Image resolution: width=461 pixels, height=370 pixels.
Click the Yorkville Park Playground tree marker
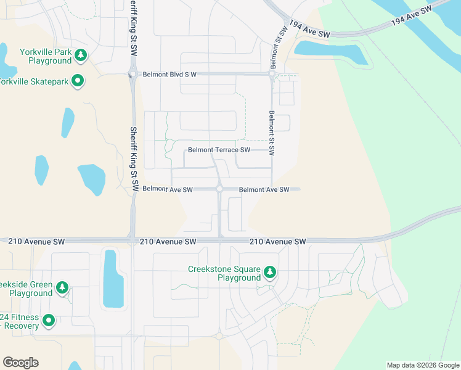pyautogui.click(x=80, y=56)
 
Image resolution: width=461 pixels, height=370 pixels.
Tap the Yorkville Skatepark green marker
pyautogui.click(x=78, y=81)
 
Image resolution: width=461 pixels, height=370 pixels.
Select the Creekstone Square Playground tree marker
pyautogui.click(x=269, y=272)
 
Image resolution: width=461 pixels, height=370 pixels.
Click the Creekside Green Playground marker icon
pyautogui.click(x=62, y=287)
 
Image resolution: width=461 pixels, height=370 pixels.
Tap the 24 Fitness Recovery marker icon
pyautogui.click(x=49, y=321)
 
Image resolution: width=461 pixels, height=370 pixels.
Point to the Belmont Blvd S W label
pyautogui.click(x=169, y=75)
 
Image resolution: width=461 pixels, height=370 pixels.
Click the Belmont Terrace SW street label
pyautogui.click(x=219, y=150)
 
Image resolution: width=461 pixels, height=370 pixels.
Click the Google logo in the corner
pyautogui.click(x=20, y=362)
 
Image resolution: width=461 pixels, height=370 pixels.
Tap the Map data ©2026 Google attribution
pyautogui.click(x=423, y=365)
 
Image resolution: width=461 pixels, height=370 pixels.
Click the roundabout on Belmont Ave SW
pyautogui.click(x=219, y=189)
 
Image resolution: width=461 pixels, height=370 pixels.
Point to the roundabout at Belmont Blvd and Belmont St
pyautogui.click(x=271, y=74)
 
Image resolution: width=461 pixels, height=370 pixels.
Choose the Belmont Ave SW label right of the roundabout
pyautogui.click(x=264, y=190)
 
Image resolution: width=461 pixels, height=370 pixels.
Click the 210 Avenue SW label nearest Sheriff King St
pyautogui.click(x=168, y=242)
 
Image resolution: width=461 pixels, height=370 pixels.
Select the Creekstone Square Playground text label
pyautogui.click(x=225, y=273)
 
